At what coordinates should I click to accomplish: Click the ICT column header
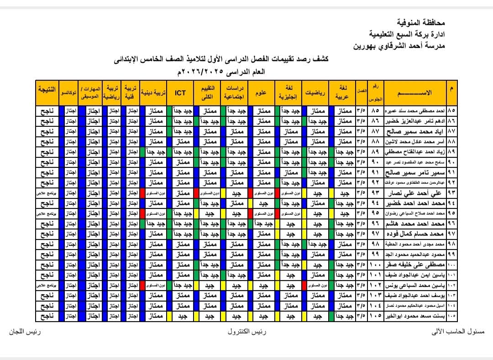(x=180, y=93)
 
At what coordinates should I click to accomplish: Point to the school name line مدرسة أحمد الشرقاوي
(x=399, y=46)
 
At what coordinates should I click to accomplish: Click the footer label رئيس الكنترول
(x=247, y=332)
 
